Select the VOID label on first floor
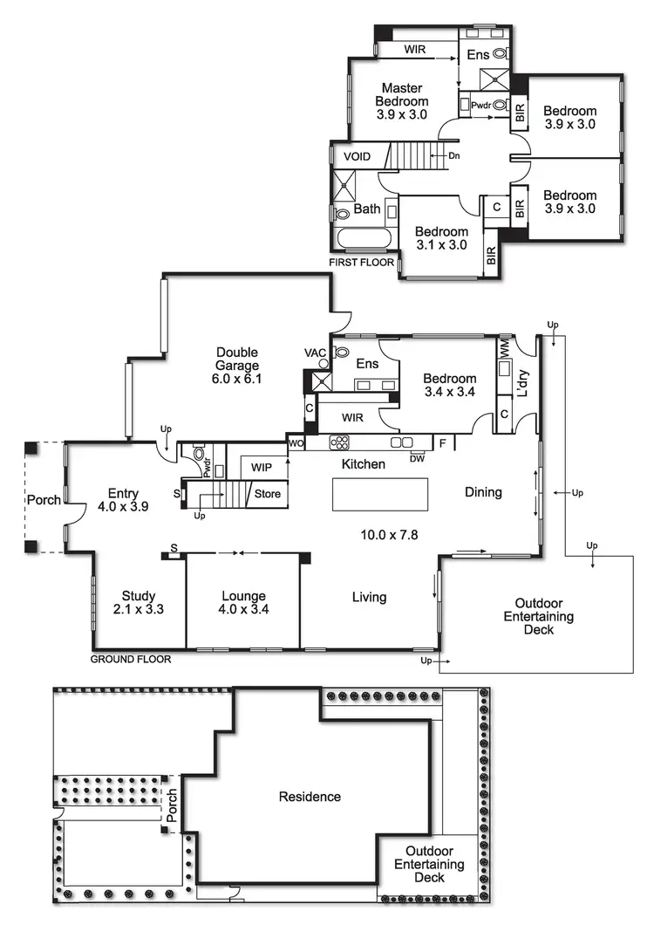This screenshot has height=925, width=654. click(357, 156)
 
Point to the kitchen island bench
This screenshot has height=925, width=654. click(380, 495)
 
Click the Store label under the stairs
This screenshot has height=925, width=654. click(267, 494)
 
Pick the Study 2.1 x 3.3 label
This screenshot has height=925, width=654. click(139, 603)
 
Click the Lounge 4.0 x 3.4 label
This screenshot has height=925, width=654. click(243, 603)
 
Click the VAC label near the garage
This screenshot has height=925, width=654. click(314, 353)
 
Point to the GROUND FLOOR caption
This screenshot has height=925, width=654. click(131, 659)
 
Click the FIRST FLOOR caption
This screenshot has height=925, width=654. click(361, 262)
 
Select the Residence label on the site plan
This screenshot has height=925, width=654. click(310, 796)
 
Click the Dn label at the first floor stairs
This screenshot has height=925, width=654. click(453, 156)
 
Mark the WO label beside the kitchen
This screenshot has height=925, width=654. click(295, 444)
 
